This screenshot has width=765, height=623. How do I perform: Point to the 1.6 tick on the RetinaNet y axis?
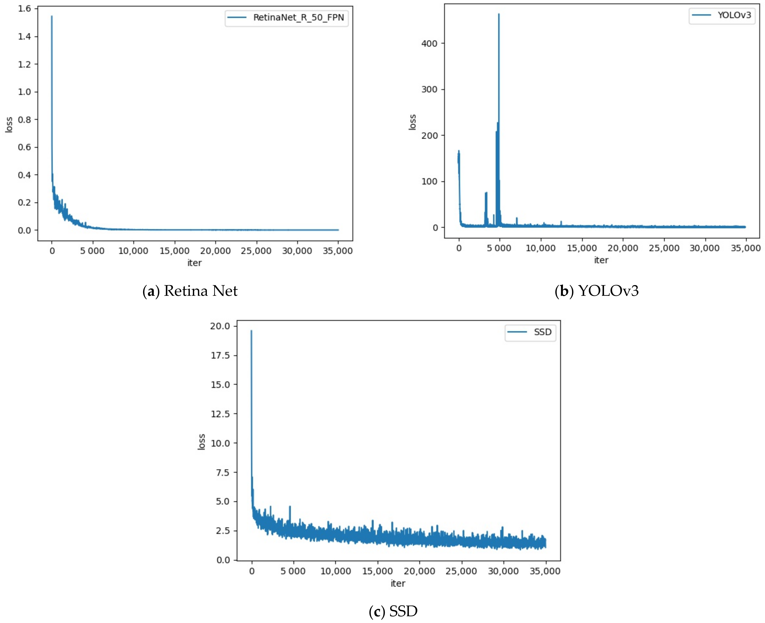(x=24, y=9)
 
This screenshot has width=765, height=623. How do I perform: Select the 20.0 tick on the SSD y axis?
(x=220, y=326)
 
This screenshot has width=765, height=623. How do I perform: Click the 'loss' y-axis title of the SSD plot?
(x=201, y=442)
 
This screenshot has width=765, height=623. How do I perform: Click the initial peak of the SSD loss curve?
(x=251, y=331)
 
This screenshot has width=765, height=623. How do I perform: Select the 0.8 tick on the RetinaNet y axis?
(x=24, y=119)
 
